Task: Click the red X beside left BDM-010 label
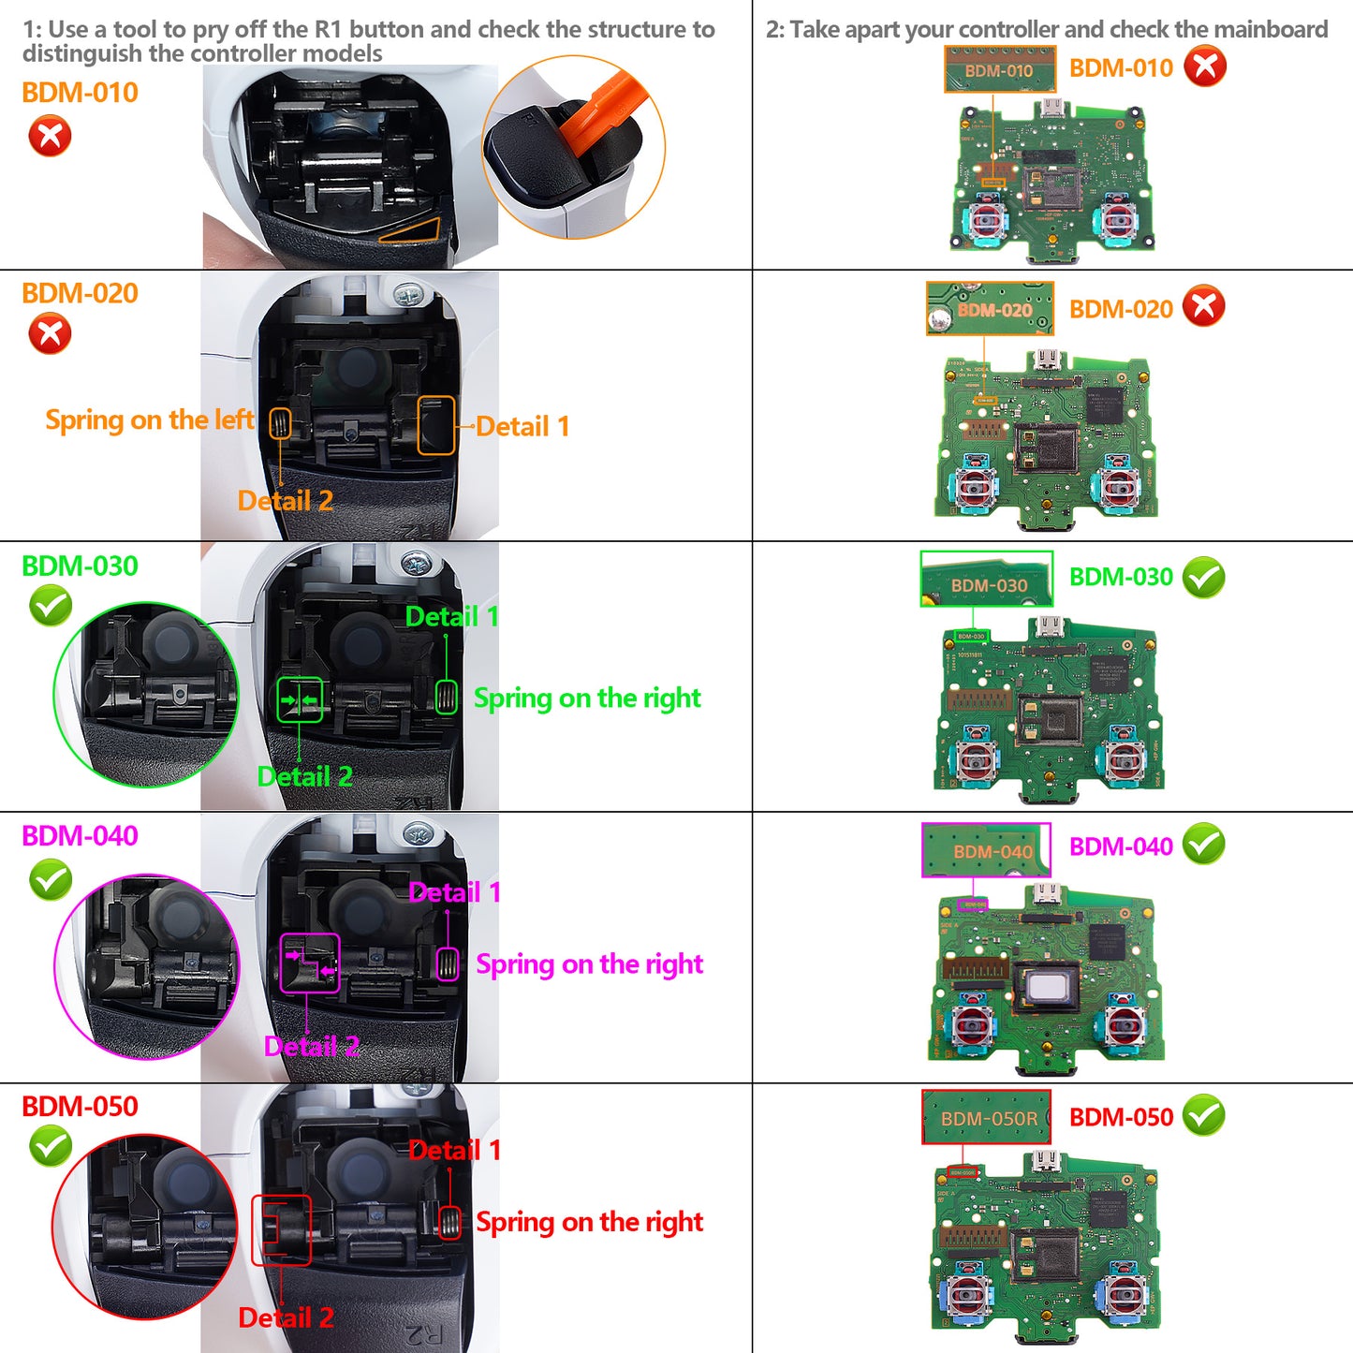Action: pos(50,136)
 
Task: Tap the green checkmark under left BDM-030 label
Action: pos(51,606)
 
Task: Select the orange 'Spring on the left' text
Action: pos(149,420)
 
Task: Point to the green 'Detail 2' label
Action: pos(304,777)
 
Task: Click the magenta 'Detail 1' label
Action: pos(454,892)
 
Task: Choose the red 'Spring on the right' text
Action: pos(589,1222)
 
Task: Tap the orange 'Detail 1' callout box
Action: pos(435,425)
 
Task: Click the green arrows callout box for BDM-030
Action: pos(300,699)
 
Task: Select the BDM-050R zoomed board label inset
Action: pos(986,1117)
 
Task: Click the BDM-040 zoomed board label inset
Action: pos(986,850)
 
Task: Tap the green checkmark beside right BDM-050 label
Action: pos(1203,1115)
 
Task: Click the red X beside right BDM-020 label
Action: pos(1203,306)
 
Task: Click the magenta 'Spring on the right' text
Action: pos(589,964)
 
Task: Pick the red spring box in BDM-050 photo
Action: pos(449,1222)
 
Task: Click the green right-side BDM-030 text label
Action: pos(1120,577)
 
